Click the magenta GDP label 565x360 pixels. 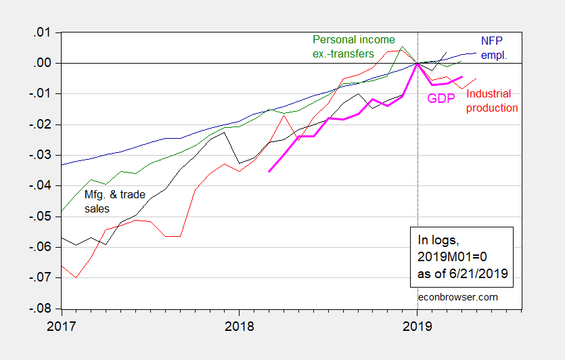point(440,99)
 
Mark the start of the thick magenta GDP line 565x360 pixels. point(269,171)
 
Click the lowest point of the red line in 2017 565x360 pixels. point(76,277)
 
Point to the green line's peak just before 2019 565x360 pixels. point(403,47)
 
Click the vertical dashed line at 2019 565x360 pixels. point(417,203)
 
